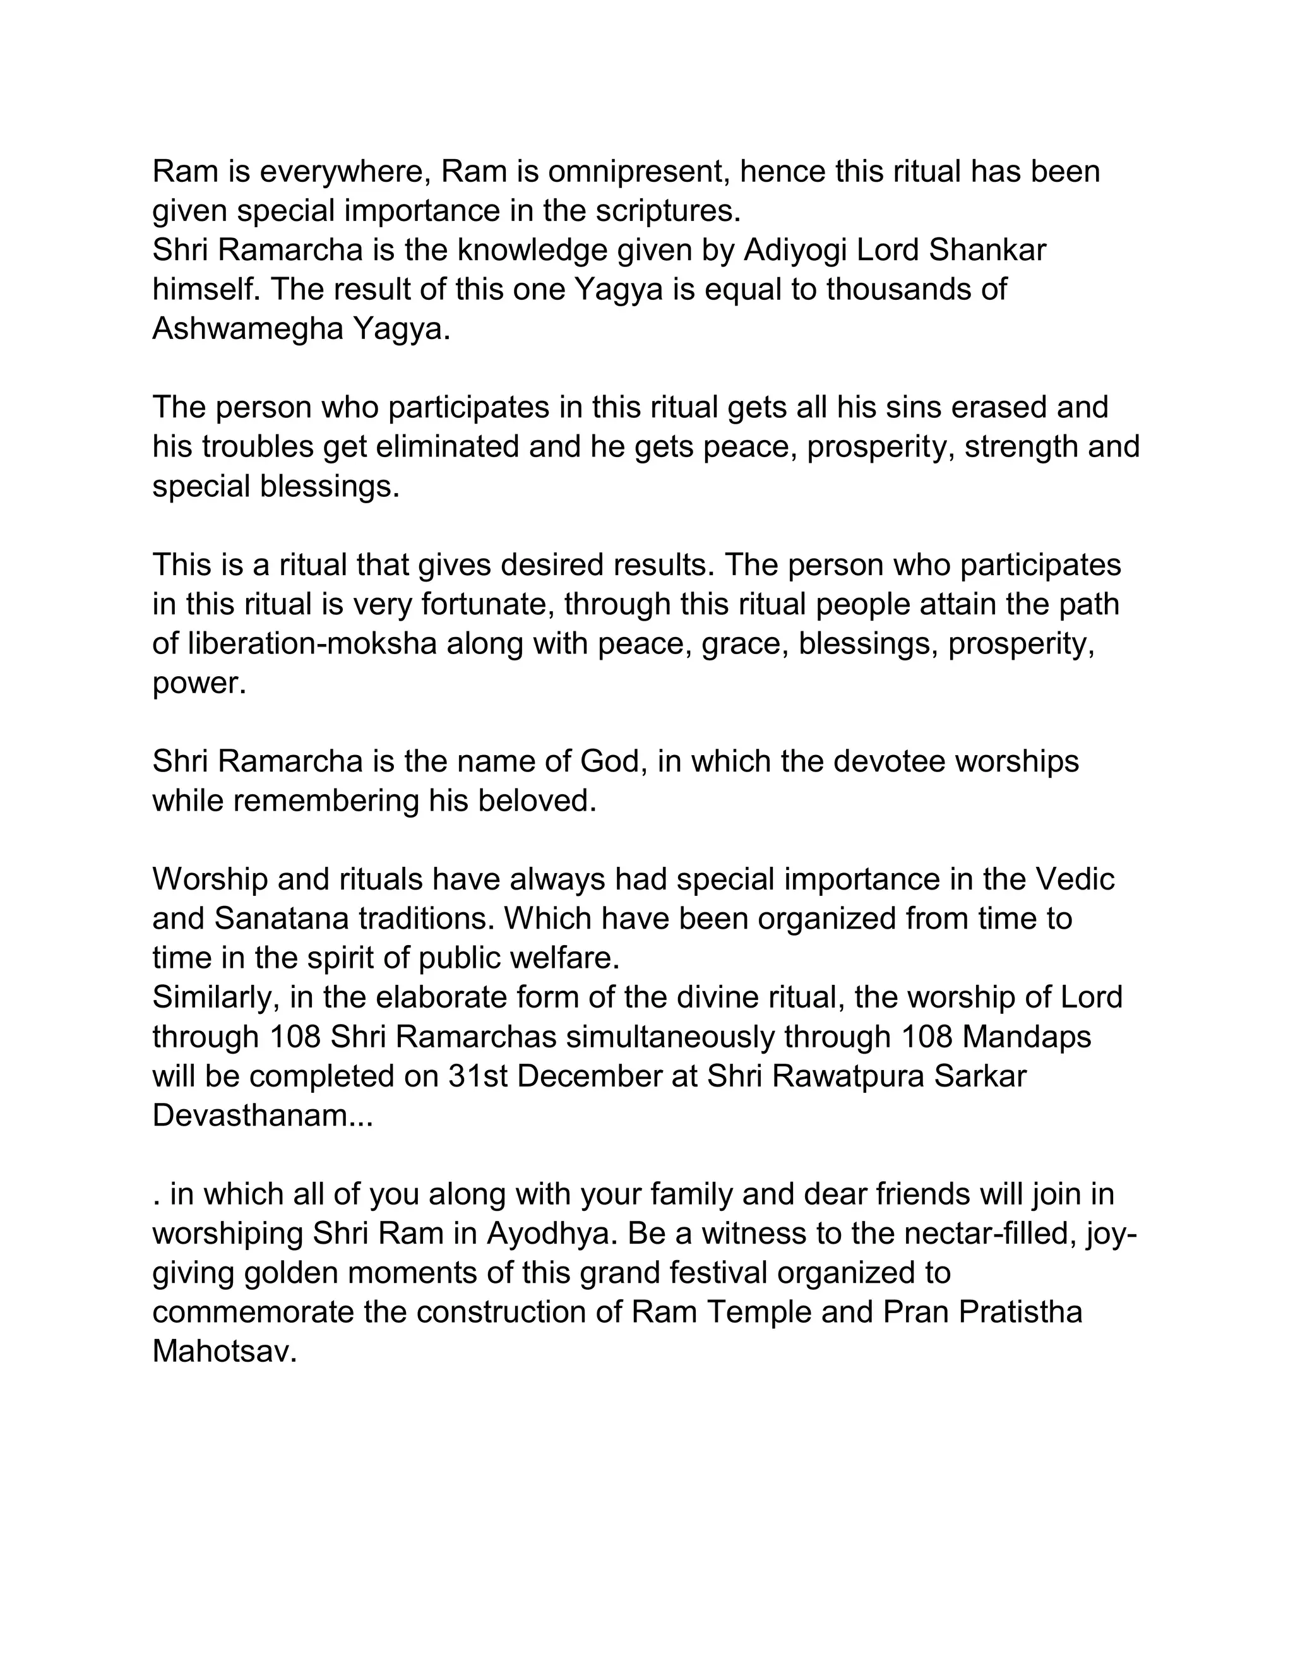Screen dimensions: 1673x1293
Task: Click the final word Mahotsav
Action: (x=223, y=1352)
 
